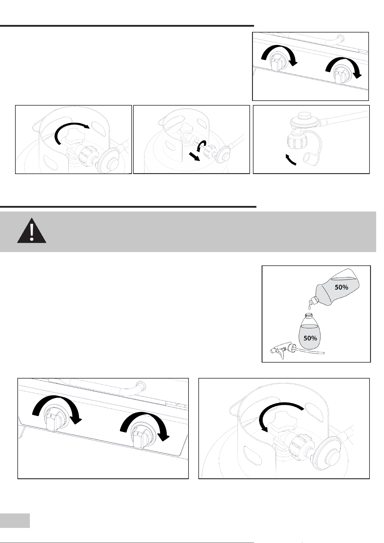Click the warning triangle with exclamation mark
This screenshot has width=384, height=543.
pyautogui.click(x=32, y=230)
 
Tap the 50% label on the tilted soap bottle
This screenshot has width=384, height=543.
pyautogui.click(x=342, y=288)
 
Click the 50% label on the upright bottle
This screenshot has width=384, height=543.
pyautogui.click(x=310, y=338)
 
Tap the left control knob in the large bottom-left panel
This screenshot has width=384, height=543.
pyautogui.click(x=56, y=419)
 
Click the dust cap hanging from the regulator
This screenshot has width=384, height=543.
pyautogui.click(x=310, y=159)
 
